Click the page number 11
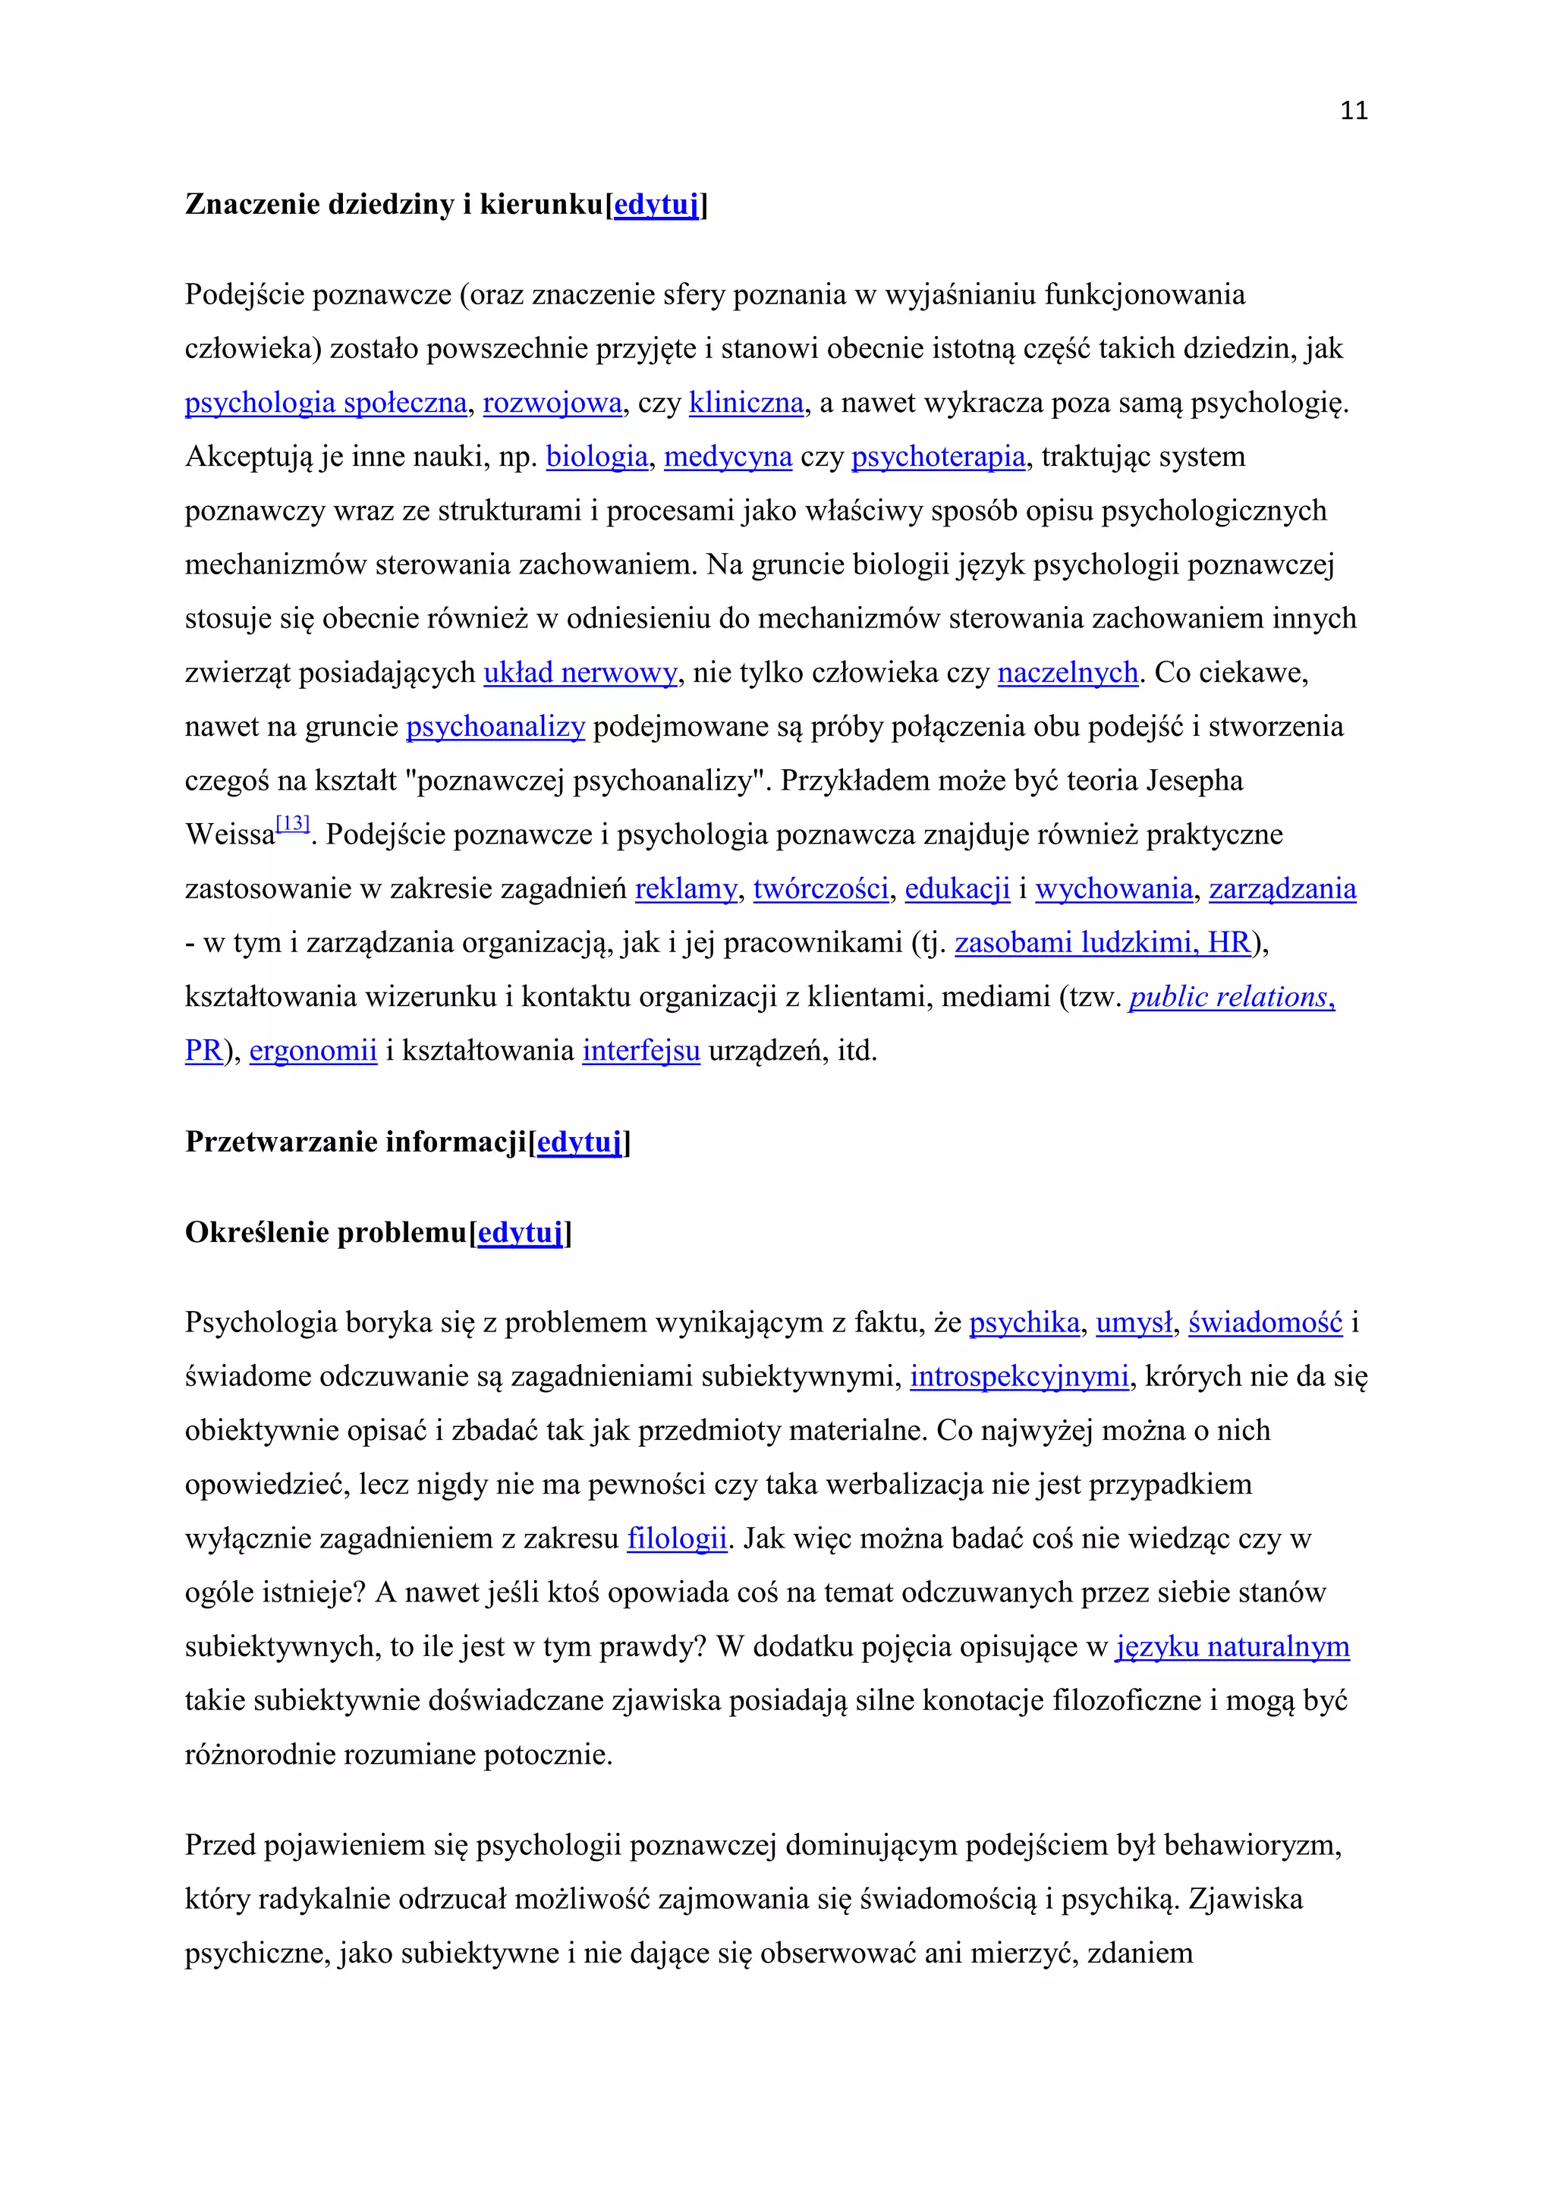(1354, 111)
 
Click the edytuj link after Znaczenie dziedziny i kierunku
(656, 205)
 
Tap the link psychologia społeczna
(326, 403)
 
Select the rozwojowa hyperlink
(552, 403)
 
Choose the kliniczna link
(747, 403)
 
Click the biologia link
(597, 457)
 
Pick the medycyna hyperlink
(728, 457)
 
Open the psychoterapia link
(939, 457)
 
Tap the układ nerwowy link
(580, 673)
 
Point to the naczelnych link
(1068, 673)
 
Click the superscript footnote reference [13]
(293, 824)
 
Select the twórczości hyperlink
(821, 889)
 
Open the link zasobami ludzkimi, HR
(1103, 942)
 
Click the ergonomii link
(313, 1051)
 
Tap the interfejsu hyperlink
(641, 1051)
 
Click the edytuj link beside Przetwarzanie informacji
(580, 1143)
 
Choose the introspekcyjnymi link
(1020, 1376)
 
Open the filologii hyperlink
(678, 1539)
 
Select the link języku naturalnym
(1232, 1647)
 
